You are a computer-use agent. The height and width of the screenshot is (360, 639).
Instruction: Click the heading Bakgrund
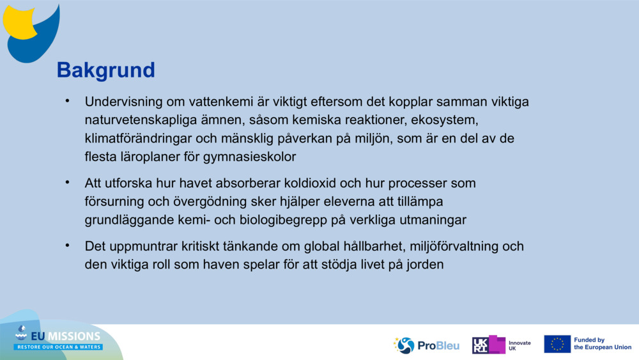pos(105,70)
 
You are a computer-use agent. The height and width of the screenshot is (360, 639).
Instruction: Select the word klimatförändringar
pos(143,138)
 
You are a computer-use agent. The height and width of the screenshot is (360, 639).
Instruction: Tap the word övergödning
pos(192,201)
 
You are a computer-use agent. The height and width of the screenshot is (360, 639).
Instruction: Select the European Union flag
pos(557,344)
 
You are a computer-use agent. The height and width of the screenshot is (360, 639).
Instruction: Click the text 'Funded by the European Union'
pos(602,344)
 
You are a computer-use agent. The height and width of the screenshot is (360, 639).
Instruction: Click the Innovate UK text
pos(520,345)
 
